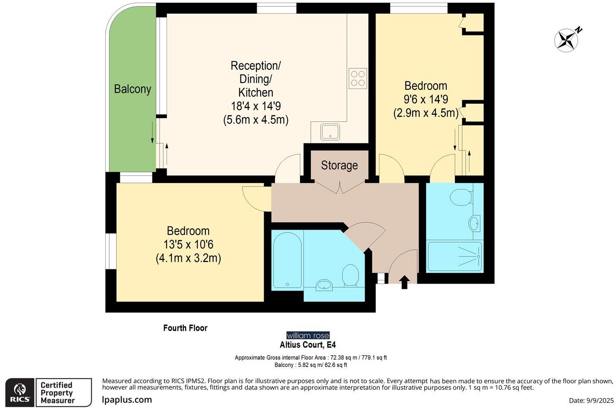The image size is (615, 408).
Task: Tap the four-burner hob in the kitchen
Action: [x=358, y=79]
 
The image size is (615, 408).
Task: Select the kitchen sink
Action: [x=330, y=132]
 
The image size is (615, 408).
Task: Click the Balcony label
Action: [x=132, y=89]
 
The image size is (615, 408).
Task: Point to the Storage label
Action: [x=339, y=165]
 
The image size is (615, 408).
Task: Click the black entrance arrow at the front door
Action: [x=404, y=283]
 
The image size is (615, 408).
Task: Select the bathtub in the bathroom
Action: [x=287, y=261]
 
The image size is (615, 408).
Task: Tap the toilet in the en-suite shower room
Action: [x=460, y=198]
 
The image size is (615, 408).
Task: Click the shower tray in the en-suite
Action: [x=454, y=256]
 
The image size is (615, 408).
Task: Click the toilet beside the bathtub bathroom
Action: [x=350, y=275]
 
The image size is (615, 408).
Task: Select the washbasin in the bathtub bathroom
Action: [x=324, y=285]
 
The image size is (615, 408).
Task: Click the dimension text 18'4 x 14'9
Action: [x=256, y=106]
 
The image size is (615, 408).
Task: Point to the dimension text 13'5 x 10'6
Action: [x=188, y=245]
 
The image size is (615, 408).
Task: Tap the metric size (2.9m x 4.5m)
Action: [x=426, y=113]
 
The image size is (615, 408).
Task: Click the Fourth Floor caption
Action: [x=185, y=328]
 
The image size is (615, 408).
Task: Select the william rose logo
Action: [x=308, y=335]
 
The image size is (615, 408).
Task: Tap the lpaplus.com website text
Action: [x=127, y=399]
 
